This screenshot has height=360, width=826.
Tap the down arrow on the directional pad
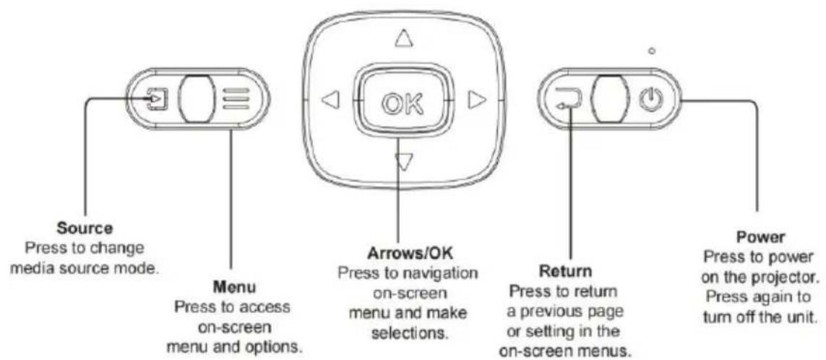point(403,163)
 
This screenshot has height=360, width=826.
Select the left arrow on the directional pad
point(330,100)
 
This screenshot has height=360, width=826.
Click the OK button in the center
point(403,100)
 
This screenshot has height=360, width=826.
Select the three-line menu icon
point(235,99)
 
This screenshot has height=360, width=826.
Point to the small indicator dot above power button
point(652,51)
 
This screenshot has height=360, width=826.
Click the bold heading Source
point(85,228)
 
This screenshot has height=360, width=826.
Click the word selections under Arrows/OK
point(408,333)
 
